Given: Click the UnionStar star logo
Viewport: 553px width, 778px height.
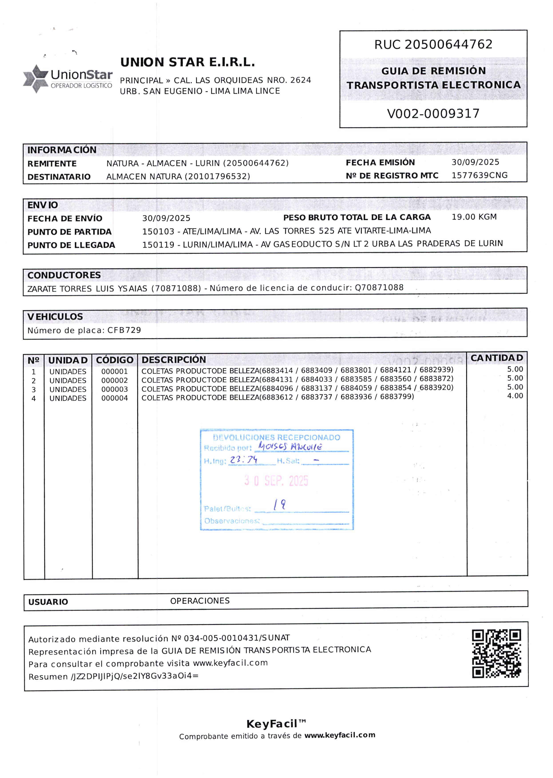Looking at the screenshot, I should point(36,78).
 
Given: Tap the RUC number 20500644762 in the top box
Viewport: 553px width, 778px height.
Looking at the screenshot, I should point(448,44).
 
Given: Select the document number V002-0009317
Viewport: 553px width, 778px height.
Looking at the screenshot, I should point(433,113).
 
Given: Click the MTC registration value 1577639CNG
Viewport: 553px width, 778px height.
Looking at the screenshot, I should point(480,175).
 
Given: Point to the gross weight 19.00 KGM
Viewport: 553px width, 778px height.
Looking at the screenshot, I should point(474,217).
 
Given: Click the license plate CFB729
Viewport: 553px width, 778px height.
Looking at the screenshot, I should point(124,330).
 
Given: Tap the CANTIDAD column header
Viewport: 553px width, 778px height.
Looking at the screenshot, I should point(496,358).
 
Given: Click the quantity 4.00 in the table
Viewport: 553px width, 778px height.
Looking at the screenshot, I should point(515,396).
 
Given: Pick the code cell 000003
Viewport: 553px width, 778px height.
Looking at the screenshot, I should point(114,389).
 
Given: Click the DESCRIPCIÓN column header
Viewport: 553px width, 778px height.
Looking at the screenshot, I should point(174,359).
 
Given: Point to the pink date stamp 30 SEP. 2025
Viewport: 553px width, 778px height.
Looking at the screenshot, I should point(276,480).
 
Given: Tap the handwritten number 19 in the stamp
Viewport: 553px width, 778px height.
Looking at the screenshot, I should point(279,505).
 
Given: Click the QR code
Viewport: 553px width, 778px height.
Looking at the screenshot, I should point(496,653).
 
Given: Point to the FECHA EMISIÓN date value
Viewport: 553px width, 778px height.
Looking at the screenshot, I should point(475,162).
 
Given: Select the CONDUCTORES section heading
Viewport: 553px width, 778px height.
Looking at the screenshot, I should point(64,275).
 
